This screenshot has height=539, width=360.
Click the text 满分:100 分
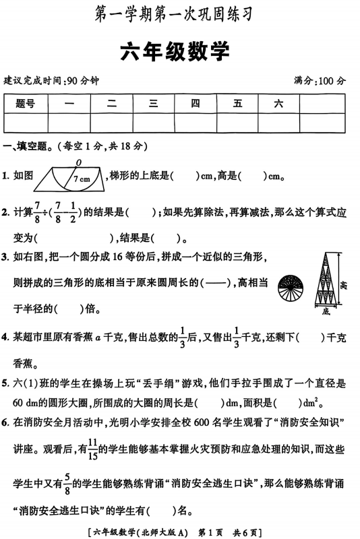point(320,80)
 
